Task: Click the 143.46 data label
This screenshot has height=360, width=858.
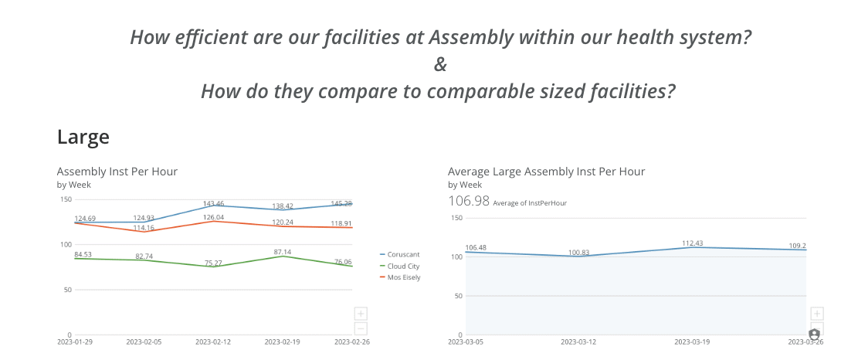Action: point(213,204)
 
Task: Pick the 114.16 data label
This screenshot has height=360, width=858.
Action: point(144,228)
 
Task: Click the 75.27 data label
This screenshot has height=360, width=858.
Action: point(213,263)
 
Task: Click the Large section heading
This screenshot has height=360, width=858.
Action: point(83,138)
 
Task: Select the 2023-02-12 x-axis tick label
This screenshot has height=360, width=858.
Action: point(213,341)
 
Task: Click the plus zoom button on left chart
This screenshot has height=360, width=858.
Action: point(361,314)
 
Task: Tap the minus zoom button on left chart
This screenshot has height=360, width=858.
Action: point(361,328)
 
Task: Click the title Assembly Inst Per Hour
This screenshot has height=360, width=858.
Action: point(117,172)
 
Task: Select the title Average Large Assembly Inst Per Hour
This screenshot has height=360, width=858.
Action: point(546,172)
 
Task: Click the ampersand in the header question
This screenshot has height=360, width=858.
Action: point(440,64)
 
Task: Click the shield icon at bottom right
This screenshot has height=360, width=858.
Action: point(814,335)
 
